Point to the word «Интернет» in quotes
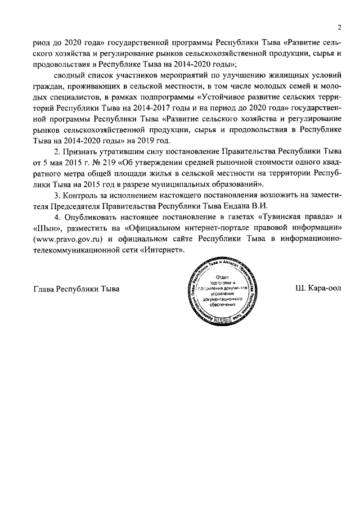(165, 249)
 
